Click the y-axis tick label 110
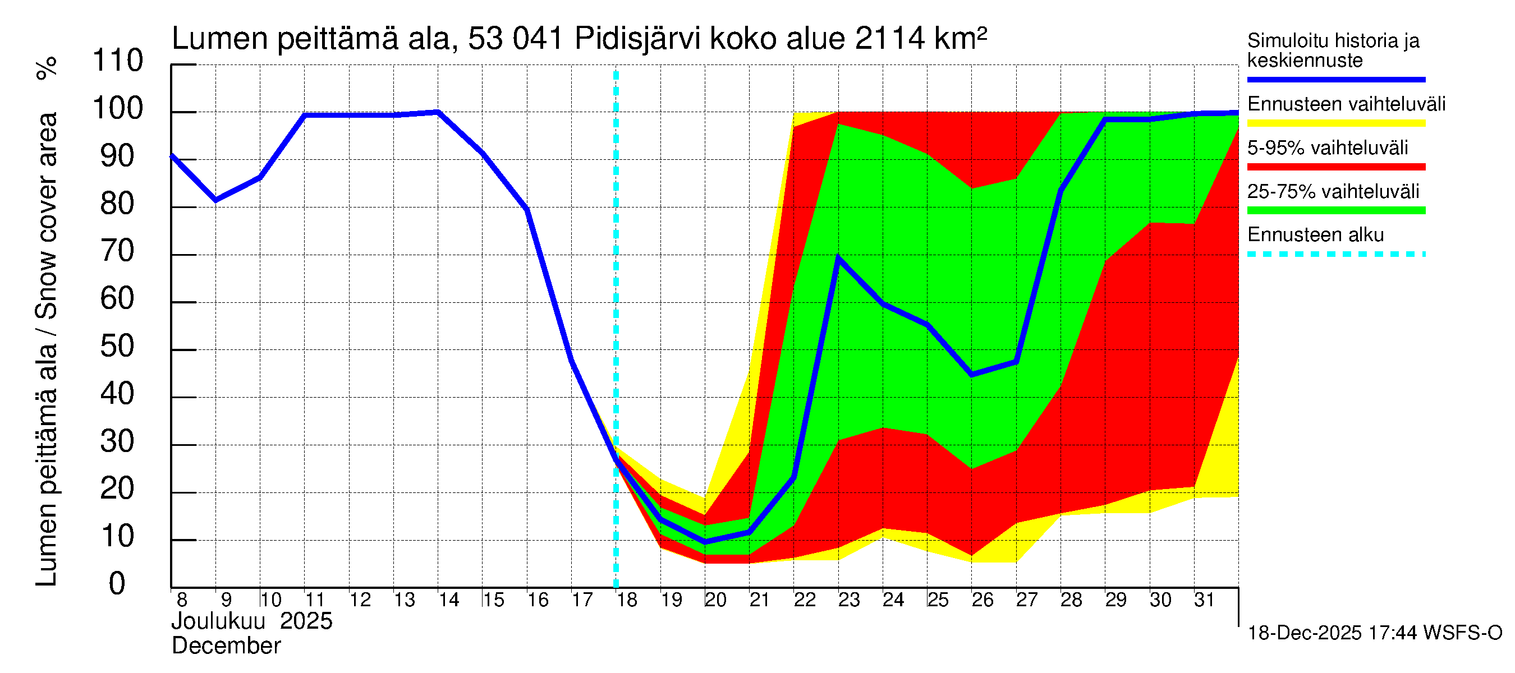tap(118, 61)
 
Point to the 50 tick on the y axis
tap(118, 347)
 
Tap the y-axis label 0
tap(117, 584)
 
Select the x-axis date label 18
tap(627, 600)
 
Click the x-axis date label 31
tap(1204, 600)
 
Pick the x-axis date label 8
tap(182, 600)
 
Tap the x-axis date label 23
tap(848, 600)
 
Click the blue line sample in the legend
tap(1335, 79)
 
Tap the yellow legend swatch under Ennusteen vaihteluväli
tap(1335, 123)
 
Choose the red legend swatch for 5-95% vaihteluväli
tap(1335, 167)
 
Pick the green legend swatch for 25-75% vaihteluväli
tap(1335, 210)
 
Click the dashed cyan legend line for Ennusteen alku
tap(1335, 255)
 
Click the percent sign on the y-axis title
tap(47, 68)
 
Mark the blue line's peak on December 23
tap(838, 257)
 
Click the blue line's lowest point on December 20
tap(705, 541)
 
